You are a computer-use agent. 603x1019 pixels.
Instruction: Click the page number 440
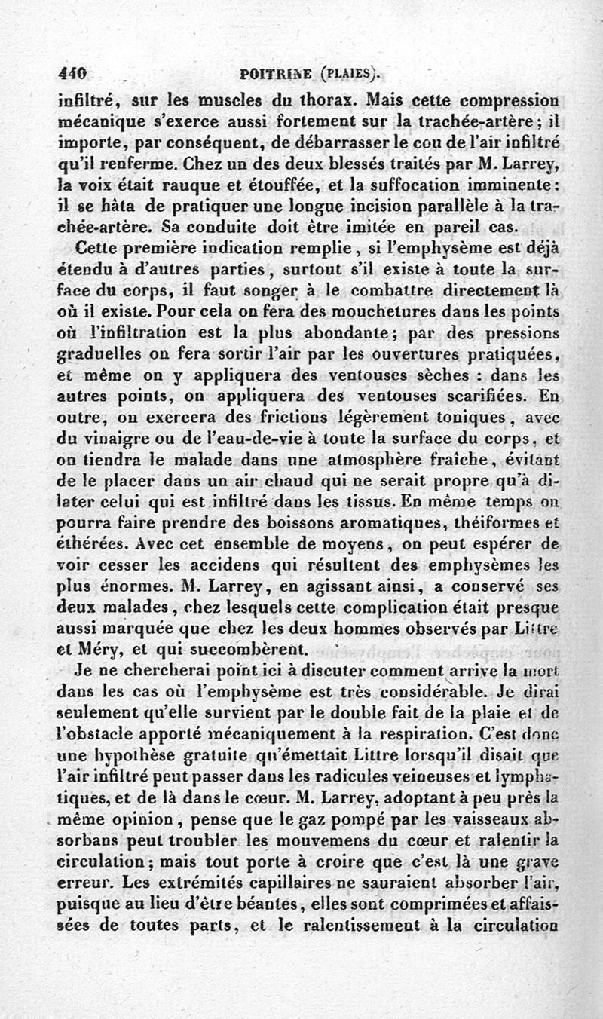[73, 74]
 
